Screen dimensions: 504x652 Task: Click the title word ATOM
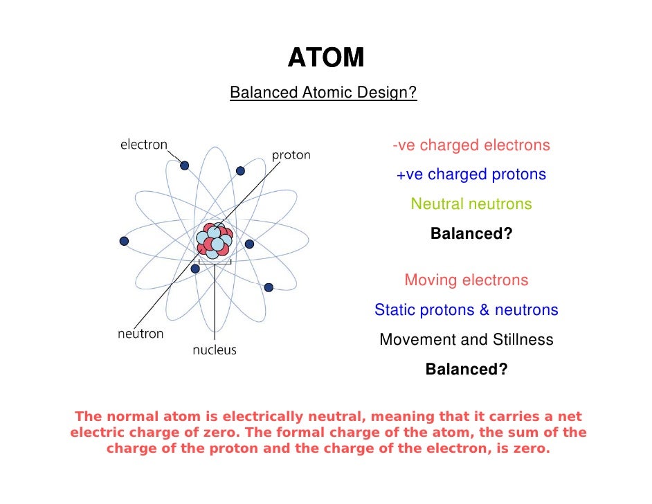[x=325, y=58]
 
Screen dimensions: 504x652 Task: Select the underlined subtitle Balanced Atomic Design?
[x=323, y=93]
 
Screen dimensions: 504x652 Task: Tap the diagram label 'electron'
[x=144, y=145]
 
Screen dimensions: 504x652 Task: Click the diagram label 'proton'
[x=291, y=155]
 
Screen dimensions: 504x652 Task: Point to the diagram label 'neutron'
[x=141, y=334]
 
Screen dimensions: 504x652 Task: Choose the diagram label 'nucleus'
[x=214, y=350]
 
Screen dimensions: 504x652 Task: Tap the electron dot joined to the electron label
[x=185, y=165]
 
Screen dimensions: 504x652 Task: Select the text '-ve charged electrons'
[x=471, y=145]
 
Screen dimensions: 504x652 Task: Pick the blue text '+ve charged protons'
[x=471, y=174]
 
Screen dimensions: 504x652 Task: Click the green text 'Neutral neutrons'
[x=471, y=204]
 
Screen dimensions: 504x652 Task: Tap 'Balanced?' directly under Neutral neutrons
[x=471, y=234]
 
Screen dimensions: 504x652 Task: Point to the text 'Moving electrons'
[x=466, y=280]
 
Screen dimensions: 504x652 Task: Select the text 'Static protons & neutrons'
[x=466, y=310]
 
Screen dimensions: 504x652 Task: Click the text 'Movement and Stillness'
[x=466, y=340]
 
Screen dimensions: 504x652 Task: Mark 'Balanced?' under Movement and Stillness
[x=466, y=369]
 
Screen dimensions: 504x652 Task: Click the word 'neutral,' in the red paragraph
[x=332, y=417]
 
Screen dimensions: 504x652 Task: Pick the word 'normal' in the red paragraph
[x=132, y=417]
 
